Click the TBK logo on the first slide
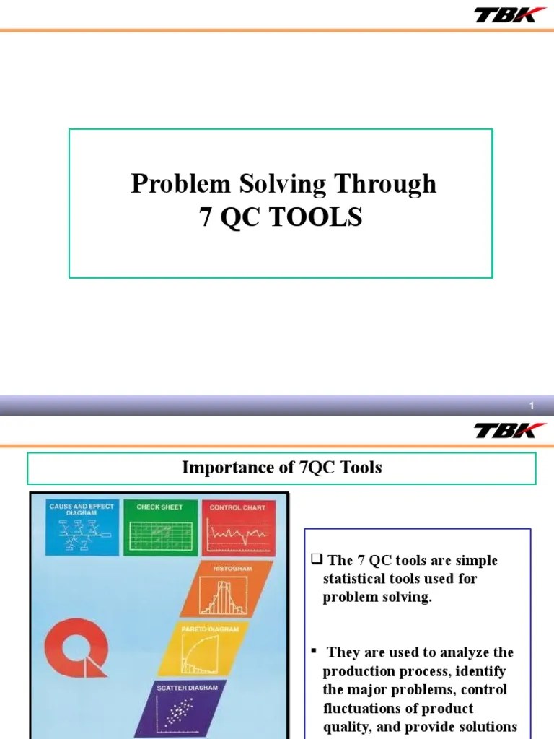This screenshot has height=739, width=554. coord(504,14)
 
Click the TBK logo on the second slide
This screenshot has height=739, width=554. coord(504,430)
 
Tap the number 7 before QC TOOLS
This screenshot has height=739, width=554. coord(206,217)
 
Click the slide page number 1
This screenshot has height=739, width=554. coord(532,407)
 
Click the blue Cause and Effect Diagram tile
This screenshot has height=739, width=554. coord(81,528)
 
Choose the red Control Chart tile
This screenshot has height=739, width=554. coord(237,528)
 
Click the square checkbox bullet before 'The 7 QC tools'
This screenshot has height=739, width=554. coord(317,560)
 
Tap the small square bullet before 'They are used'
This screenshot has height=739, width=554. coord(315,651)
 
